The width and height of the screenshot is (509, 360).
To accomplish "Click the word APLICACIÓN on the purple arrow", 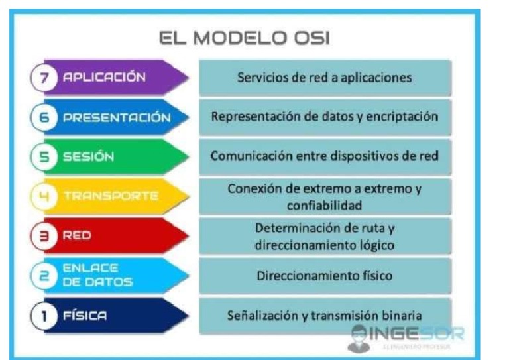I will (103, 77).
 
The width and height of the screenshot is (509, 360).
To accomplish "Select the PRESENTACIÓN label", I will (116, 117).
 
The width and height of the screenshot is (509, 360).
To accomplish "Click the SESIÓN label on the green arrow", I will (88, 157).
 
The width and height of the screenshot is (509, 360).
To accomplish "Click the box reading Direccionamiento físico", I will (325, 276).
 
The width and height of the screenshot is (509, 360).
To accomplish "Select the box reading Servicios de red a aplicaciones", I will (325, 78).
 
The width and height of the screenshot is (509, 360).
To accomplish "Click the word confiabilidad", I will (325, 205).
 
